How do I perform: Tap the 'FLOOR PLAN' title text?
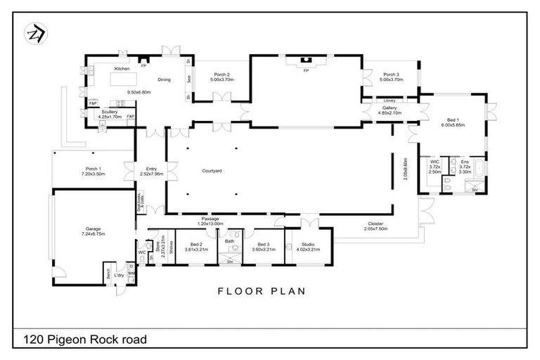262,291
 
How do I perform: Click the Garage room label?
94,229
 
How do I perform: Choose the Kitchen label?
122,69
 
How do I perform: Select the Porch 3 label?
391,75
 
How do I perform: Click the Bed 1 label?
448,120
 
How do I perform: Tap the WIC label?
435,161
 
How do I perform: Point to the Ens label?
465,161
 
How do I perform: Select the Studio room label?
308,244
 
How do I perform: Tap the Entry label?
151,169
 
